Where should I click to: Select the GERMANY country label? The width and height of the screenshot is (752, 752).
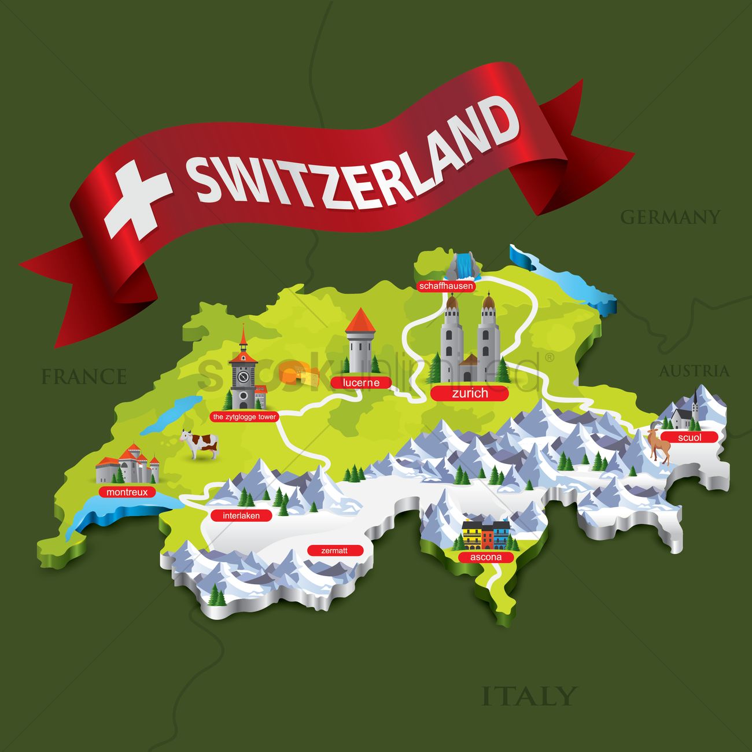(x=670, y=217)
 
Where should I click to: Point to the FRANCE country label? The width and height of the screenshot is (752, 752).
(x=84, y=377)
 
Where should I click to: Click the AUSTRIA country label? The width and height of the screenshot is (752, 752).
(x=694, y=371)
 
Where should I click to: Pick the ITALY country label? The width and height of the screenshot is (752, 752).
(x=529, y=696)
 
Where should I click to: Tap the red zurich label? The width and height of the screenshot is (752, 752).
(x=470, y=393)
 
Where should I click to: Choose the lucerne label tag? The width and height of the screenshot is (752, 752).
(x=361, y=382)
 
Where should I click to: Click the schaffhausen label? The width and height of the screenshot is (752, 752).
(x=447, y=286)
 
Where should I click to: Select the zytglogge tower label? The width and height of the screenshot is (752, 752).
(x=244, y=416)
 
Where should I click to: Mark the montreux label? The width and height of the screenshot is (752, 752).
(x=127, y=492)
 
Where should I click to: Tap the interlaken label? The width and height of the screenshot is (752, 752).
(x=241, y=515)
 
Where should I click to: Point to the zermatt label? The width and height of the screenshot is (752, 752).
(x=334, y=551)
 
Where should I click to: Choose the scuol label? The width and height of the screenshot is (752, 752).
(x=690, y=437)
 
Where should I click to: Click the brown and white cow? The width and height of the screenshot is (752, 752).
(x=200, y=444)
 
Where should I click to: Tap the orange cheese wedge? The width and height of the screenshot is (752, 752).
(x=300, y=375)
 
